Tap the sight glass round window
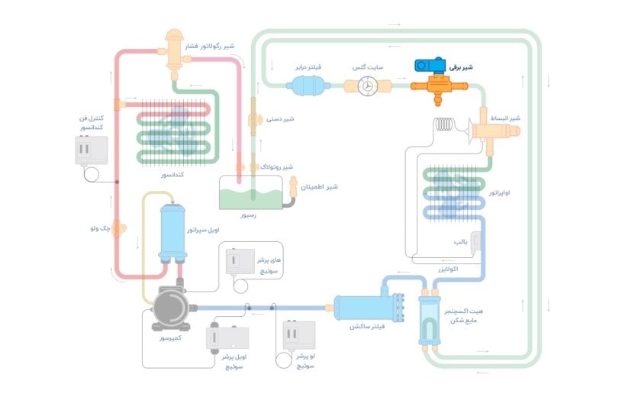click(x=368, y=87)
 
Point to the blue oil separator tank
click(x=172, y=229)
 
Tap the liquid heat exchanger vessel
click(x=430, y=318)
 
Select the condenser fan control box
click(x=93, y=150)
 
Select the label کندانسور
click(x=174, y=175)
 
